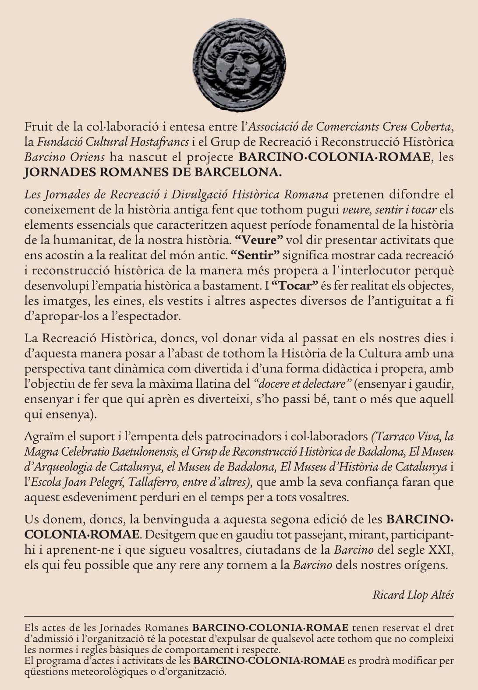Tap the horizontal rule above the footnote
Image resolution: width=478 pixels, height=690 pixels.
pyautogui.click(x=239, y=616)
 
